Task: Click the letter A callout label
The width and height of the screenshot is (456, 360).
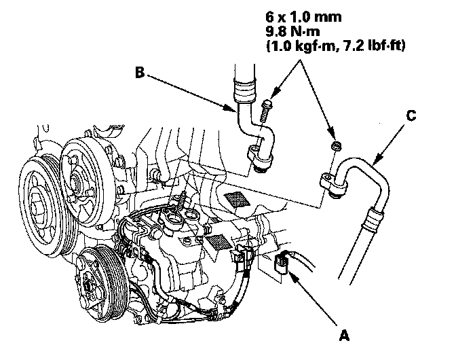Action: (345, 335)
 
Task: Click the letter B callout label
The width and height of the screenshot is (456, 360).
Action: (138, 72)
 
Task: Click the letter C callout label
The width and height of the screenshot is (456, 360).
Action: (411, 116)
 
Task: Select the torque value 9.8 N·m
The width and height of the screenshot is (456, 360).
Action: (299, 31)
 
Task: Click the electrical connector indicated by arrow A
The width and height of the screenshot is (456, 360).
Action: (286, 263)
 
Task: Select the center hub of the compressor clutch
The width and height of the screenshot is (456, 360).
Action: (89, 286)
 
